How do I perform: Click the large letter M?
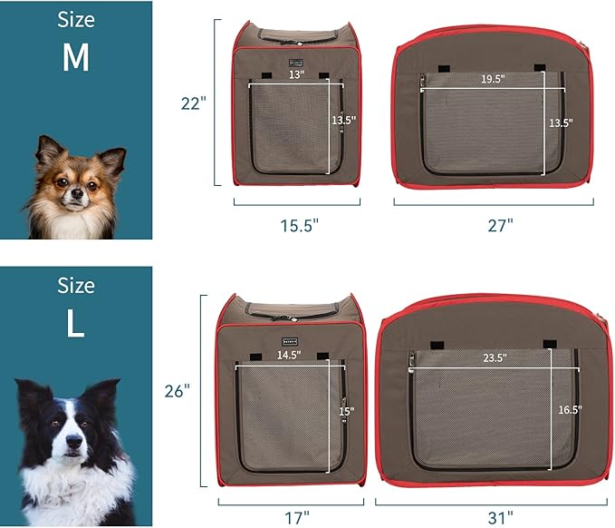76,57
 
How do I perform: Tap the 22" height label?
193,103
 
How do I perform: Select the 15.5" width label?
299,226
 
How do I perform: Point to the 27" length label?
501,226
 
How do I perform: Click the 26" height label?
178,391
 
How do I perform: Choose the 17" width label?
297,518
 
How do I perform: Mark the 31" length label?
501,518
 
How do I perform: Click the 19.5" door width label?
493,79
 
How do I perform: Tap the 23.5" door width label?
495,357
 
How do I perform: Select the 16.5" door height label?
571,410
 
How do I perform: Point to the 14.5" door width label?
289,355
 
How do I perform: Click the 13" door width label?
296,74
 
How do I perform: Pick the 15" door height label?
347,411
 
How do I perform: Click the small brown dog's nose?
77,193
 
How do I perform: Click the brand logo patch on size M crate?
296,63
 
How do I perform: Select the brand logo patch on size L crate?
290,341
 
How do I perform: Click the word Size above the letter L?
76,286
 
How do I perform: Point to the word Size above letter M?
76,20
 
